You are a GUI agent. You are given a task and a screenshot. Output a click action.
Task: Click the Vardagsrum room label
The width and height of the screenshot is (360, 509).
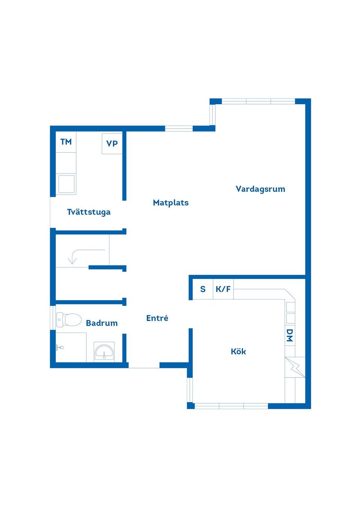pyautogui.click(x=260, y=189)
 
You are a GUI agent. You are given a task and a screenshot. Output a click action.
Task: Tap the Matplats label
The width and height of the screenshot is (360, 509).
pyautogui.click(x=171, y=203)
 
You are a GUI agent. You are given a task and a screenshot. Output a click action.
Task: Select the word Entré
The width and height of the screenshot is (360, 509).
pyautogui.click(x=157, y=318)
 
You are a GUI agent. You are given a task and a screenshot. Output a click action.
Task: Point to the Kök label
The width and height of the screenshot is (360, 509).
pyautogui.click(x=238, y=352)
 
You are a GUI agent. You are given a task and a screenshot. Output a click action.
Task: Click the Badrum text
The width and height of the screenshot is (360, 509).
pyautogui.click(x=102, y=323)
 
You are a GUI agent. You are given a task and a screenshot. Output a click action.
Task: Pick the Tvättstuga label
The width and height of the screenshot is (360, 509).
pyautogui.click(x=89, y=212)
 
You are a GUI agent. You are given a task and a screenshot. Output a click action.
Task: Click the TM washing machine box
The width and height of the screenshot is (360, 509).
pyautogui.click(x=66, y=142)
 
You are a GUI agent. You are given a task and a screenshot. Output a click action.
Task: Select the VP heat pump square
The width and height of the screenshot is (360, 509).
pyautogui.click(x=112, y=144)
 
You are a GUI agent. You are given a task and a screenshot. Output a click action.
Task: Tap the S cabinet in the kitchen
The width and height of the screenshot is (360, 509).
pyautogui.click(x=203, y=289)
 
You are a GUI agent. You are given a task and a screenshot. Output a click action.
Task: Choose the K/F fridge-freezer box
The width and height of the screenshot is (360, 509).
pyautogui.click(x=223, y=289)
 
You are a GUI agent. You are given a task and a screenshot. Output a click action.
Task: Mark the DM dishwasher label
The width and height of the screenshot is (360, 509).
pyautogui.click(x=289, y=335)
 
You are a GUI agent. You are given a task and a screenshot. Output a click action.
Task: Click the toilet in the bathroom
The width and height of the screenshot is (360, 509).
pyautogui.click(x=69, y=320)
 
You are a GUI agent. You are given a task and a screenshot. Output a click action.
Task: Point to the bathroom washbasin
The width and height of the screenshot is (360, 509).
pyautogui.click(x=104, y=352)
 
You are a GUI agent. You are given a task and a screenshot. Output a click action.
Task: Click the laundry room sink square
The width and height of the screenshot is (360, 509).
pyautogui.click(x=66, y=184)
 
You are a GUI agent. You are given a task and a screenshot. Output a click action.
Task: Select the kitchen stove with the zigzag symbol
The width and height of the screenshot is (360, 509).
pyautogui.click(x=295, y=367)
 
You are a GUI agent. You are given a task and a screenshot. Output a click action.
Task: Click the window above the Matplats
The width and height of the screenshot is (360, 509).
pyautogui.click(x=179, y=129)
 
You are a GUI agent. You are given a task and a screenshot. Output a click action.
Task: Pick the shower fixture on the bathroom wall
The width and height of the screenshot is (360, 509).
pyautogui.click(x=59, y=347)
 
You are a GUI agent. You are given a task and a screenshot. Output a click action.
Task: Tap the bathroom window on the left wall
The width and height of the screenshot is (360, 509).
pyautogui.click(x=53, y=318)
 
